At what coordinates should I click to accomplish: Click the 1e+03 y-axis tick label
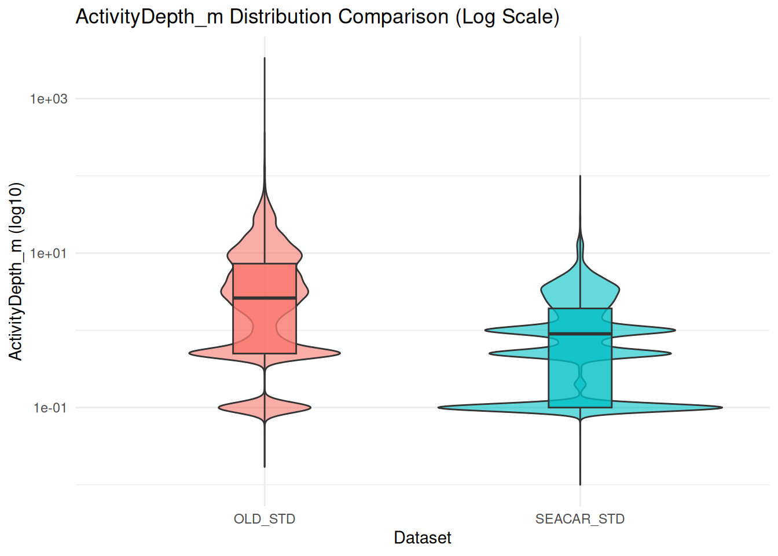point(49,99)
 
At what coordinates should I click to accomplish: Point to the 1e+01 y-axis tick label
point(49,253)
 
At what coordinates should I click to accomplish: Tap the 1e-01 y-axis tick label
point(50,408)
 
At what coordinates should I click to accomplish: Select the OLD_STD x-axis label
point(265,519)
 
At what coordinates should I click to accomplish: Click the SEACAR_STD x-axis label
point(580,519)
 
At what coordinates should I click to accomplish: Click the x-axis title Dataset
point(423,538)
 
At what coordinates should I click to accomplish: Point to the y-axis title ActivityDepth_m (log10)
point(16,271)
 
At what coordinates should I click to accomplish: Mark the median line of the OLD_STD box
point(265,298)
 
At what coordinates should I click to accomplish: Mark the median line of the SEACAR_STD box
point(580,334)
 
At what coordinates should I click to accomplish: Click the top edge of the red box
point(265,264)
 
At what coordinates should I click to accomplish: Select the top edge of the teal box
point(580,309)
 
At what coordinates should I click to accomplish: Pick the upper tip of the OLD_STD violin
point(265,58)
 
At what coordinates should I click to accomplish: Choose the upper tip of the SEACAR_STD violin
point(580,175)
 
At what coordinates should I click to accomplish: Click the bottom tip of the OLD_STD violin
point(265,467)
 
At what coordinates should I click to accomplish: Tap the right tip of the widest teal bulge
point(722,408)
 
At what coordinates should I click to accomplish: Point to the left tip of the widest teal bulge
point(439,408)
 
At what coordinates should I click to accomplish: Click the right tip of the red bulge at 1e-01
point(310,408)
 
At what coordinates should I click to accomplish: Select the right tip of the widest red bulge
point(340,353)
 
